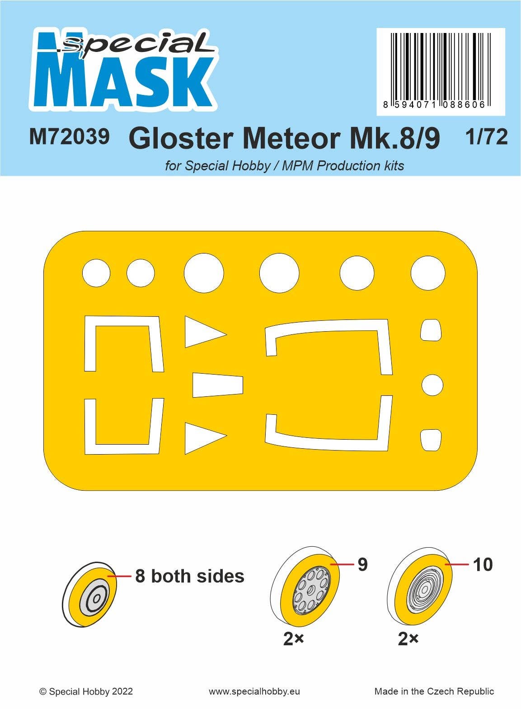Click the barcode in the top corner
pos(441,71)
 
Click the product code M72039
pos(69,136)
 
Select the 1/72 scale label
pos(487,136)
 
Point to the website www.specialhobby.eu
pos(254,691)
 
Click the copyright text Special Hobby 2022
pos(86,691)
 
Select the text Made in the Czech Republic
pos(434,691)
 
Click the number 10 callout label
pos(483,565)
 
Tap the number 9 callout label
pos(362,565)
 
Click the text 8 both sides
pos(190,576)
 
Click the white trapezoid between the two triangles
pos(218,385)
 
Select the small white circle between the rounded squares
pos(432,385)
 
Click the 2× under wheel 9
pos(294,639)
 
